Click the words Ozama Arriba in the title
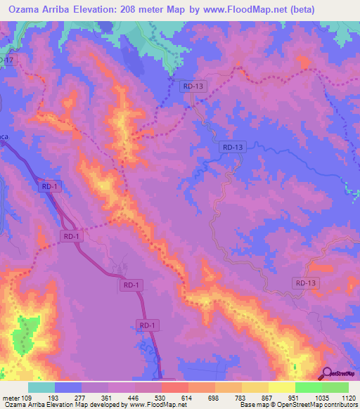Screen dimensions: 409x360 (41, 9)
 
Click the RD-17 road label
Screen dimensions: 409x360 (6, 61)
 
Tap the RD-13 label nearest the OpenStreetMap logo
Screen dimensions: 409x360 (306, 283)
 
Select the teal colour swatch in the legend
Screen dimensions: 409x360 (41, 387)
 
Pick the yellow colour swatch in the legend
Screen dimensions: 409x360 (281, 387)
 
